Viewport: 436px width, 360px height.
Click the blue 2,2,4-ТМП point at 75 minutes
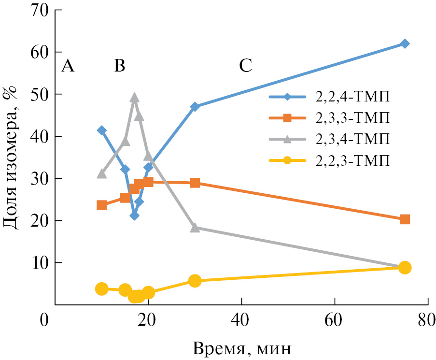(405, 43)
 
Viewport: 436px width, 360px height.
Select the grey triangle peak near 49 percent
(134, 98)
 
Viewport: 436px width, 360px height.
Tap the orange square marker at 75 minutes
(405, 219)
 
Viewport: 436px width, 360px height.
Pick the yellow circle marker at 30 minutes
(195, 281)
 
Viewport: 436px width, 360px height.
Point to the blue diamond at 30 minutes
(195, 107)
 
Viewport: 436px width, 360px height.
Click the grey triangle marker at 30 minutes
(195, 228)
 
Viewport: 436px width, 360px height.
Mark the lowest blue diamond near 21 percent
(134, 216)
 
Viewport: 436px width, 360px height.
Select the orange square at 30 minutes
(195, 183)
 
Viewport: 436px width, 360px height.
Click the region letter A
(68, 66)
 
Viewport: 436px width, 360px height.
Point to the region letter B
(119, 66)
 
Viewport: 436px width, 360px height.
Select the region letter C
(246, 66)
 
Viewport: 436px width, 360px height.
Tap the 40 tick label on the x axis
(241, 320)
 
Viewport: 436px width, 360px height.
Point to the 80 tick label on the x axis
(427, 320)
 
